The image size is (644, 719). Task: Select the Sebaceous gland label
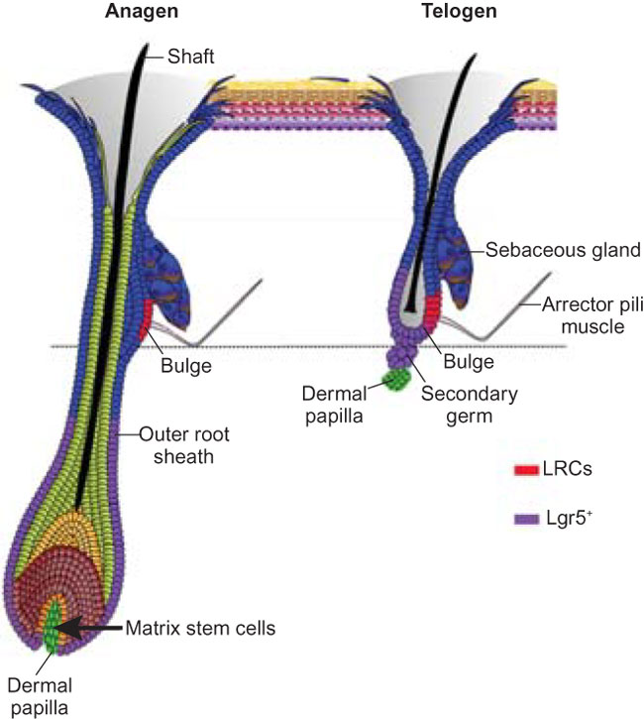pyautogui.click(x=548, y=250)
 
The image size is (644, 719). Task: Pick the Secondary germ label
pyautogui.click(x=470, y=403)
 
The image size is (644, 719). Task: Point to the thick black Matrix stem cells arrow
pyautogui.click(x=95, y=628)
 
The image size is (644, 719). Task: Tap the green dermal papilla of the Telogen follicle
pyautogui.click(x=401, y=381)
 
